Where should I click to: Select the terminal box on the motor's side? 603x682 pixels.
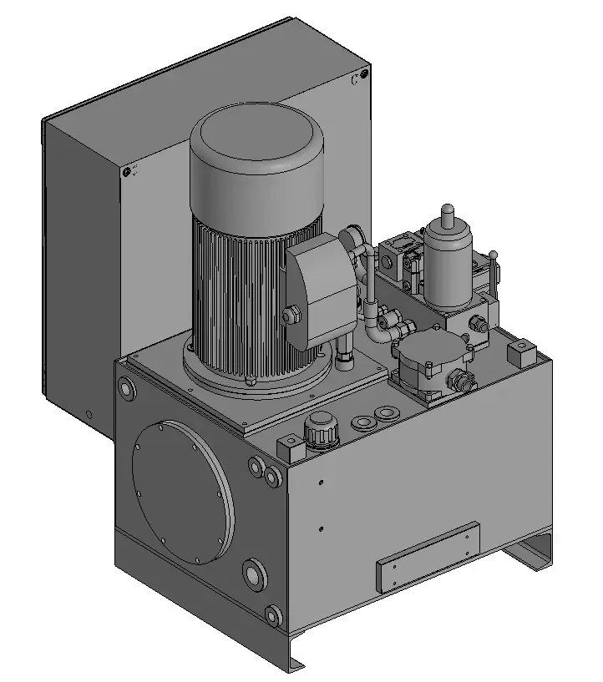tap(322, 288)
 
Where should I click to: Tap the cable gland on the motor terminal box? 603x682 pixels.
tap(291, 316)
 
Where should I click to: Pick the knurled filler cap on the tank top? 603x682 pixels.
tap(322, 431)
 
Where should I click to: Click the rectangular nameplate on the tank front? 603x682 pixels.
tap(428, 557)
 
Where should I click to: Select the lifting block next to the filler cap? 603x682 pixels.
tap(290, 447)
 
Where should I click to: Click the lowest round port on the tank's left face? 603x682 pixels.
tap(272, 617)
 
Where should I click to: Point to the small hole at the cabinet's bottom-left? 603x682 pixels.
tap(89, 414)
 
